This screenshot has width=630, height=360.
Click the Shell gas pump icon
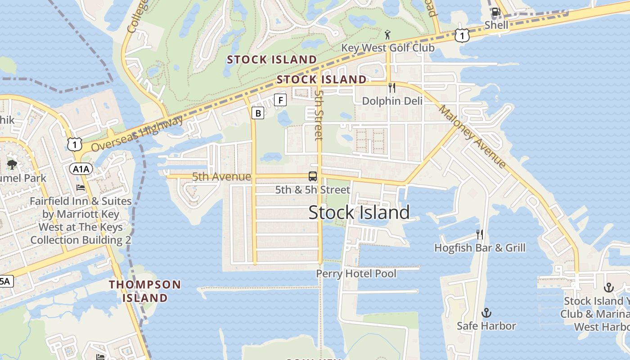pyautogui.click(x=496, y=12)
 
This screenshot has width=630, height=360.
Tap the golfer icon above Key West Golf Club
pyautogui.click(x=387, y=34)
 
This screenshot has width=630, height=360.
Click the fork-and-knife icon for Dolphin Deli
pyautogui.click(x=392, y=87)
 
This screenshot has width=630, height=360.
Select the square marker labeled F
pyautogui.click(x=280, y=100)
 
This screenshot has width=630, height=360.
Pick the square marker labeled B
pyautogui.click(x=258, y=113)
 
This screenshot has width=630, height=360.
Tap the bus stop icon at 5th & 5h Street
pyautogui.click(x=312, y=176)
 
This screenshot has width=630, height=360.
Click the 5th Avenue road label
pyautogui.click(x=221, y=177)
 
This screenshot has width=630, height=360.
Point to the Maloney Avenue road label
pyautogui.click(x=472, y=136)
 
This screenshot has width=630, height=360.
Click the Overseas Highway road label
pyautogui.click(x=137, y=133)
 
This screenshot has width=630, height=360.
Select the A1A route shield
pyautogui.click(x=81, y=169)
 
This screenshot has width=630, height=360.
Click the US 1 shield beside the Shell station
pyautogui.click(x=462, y=35)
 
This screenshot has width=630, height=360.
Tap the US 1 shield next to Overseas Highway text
pyautogui.click(x=75, y=144)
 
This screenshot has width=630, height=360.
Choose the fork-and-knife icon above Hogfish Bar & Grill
pyautogui.click(x=480, y=234)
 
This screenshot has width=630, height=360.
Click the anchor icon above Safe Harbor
pyautogui.click(x=486, y=312)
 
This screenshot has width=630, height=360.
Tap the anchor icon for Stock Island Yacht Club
pyautogui.click(x=608, y=287)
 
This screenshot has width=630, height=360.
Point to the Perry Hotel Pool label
pyautogui.click(x=356, y=274)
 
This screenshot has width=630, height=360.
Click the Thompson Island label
pyautogui.click(x=145, y=291)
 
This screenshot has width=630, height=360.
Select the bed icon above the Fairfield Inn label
pyautogui.click(x=81, y=187)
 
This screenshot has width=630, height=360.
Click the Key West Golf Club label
pyautogui.click(x=387, y=48)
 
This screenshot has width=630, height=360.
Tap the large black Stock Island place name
pyautogui.click(x=359, y=212)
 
